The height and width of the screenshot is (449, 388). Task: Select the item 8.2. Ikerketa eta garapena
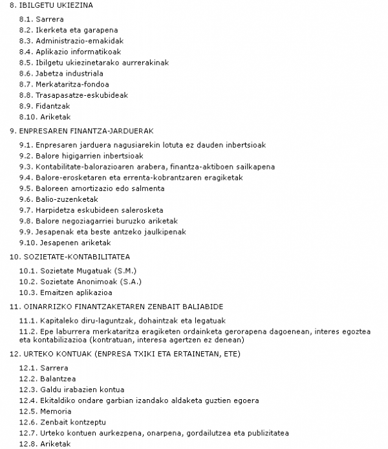68,30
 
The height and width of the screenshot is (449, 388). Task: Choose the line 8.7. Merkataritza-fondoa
64,84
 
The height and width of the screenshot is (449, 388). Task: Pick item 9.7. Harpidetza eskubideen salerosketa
91,210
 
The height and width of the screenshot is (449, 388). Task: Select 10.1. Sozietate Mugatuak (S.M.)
78,270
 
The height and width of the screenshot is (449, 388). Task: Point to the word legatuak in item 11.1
207,320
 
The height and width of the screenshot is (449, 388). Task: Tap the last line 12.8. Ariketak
45,444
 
